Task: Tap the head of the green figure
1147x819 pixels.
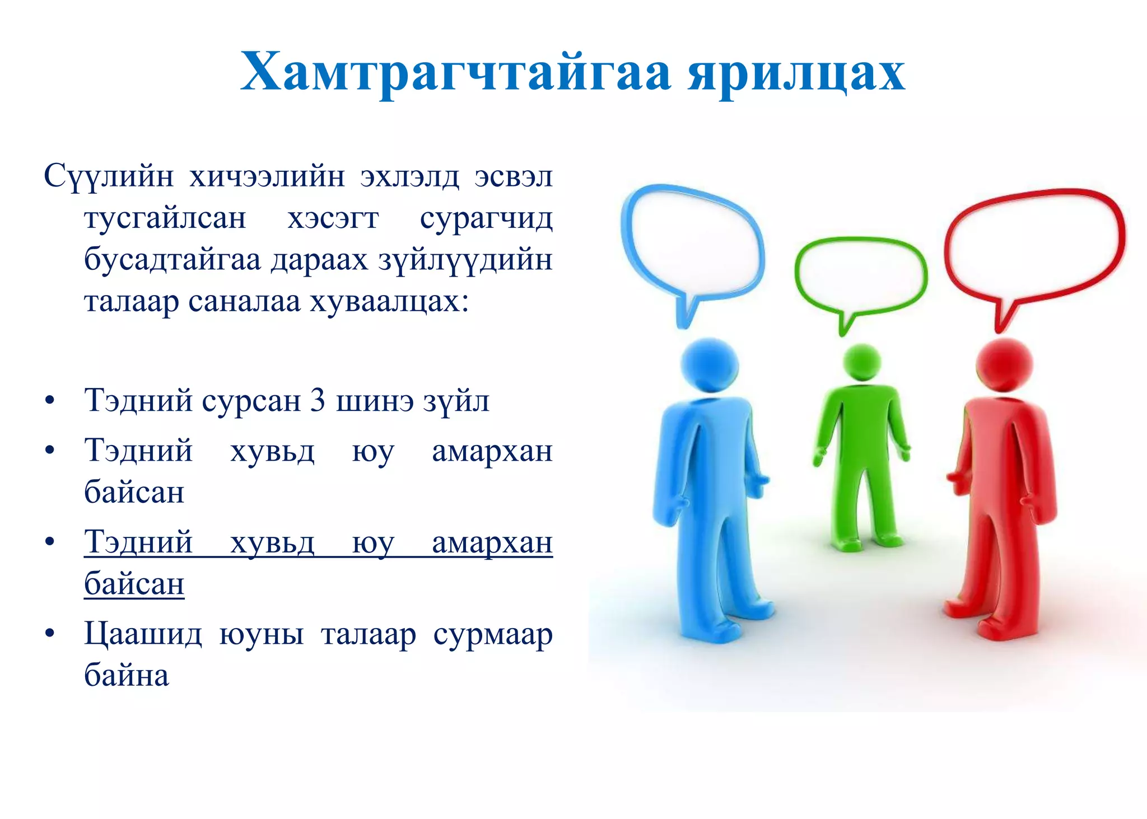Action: [861, 363]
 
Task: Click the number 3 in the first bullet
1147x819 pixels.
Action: [318, 401]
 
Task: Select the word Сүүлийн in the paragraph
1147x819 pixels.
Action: [109, 176]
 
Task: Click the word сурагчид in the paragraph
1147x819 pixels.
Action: [486, 218]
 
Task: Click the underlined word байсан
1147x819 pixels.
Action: [134, 584]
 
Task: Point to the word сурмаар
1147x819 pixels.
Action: [493, 635]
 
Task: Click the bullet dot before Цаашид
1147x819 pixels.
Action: [50, 633]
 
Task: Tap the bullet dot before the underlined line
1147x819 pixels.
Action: [50, 541]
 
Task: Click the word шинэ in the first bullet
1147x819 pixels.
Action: [375, 401]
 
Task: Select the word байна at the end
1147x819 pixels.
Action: [126, 675]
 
